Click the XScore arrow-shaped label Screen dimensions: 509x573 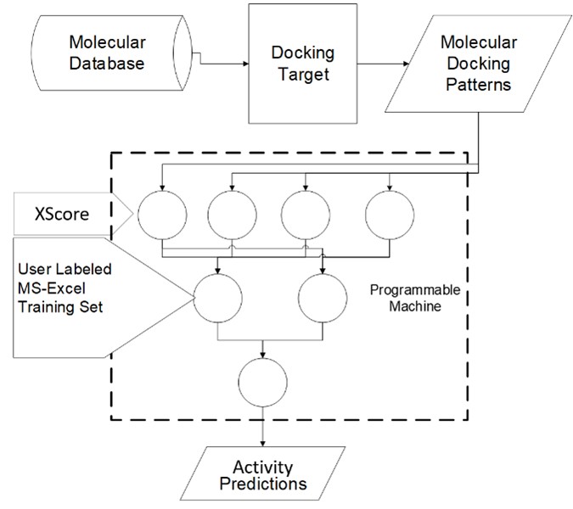pyautogui.click(x=68, y=212)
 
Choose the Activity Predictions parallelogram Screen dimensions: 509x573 pyautogui.click(x=263, y=477)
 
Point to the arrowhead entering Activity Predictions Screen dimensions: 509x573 pyautogui.click(x=262, y=441)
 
